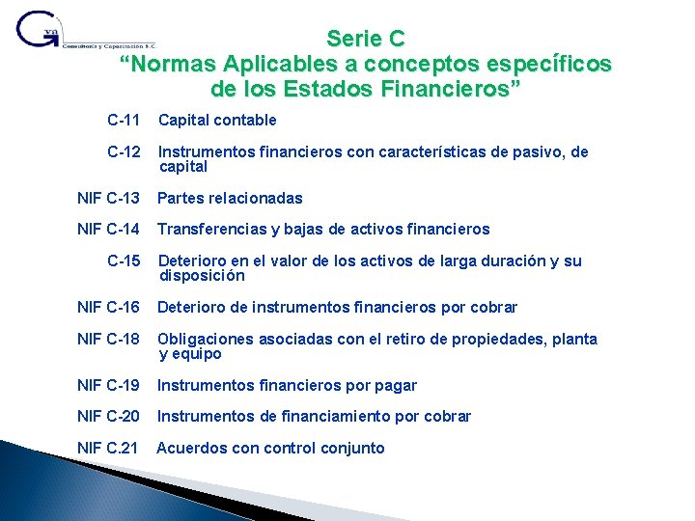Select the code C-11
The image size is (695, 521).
[x=125, y=121]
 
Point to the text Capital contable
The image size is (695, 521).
[x=217, y=121]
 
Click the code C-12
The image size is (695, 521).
[x=125, y=152]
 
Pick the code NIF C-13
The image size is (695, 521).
[x=109, y=199]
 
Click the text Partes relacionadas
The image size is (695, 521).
[x=230, y=199]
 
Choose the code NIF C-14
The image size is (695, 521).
[x=109, y=230]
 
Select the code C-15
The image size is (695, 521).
[x=125, y=261]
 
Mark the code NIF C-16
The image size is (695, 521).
[x=109, y=308]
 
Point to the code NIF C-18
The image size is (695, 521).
[x=109, y=340]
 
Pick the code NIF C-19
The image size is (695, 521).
[x=109, y=386]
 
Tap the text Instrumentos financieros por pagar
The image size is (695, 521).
[x=287, y=386]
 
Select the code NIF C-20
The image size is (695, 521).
[x=109, y=417]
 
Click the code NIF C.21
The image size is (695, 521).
[x=109, y=449]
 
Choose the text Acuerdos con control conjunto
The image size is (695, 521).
[x=270, y=449]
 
